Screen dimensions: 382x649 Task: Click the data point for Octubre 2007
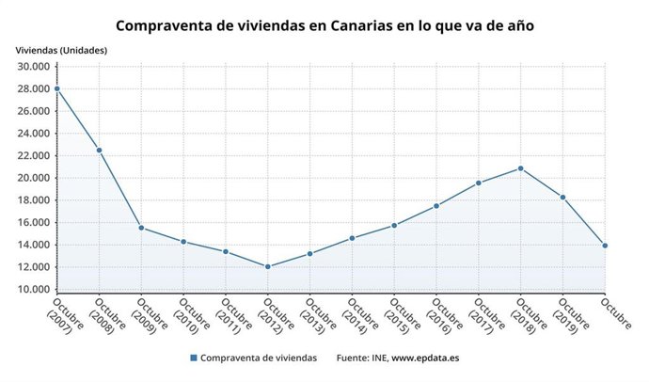(x=57, y=88)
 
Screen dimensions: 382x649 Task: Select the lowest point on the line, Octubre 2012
(x=268, y=266)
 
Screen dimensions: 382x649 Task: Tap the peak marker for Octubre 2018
(x=521, y=168)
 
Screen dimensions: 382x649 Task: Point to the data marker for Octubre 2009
(x=141, y=228)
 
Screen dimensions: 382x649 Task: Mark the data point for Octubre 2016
(x=436, y=206)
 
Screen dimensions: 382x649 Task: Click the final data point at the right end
(x=605, y=246)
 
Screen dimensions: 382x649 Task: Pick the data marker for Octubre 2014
(x=352, y=238)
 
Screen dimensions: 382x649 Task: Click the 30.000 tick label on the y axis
(x=34, y=67)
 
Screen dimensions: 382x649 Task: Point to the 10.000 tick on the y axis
(x=34, y=290)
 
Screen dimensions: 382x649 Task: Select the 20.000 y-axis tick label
(x=34, y=178)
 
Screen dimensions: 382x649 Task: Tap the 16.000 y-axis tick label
(x=34, y=223)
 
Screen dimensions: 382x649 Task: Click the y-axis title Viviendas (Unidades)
(x=61, y=50)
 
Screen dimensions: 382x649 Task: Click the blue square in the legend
(x=193, y=358)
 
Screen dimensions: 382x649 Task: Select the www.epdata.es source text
(x=425, y=358)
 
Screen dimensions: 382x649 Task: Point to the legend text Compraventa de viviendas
(x=260, y=358)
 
